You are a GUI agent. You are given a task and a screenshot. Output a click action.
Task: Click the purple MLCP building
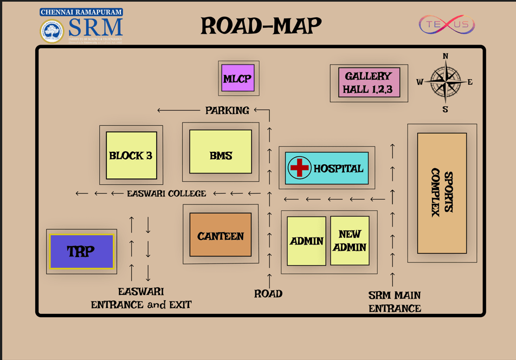coord(238,79)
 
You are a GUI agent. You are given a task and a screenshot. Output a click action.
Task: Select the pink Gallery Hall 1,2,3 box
coord(369,82)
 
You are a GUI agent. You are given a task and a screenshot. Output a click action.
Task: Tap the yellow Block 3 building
coord(131,156)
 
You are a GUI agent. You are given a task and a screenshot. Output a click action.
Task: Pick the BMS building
coord(221,156)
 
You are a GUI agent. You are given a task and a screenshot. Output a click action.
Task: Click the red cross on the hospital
coord(299,168)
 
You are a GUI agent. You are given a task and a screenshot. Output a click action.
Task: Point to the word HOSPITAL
coord(338,169)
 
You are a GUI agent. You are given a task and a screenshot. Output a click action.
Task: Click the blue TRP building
coord(81,252)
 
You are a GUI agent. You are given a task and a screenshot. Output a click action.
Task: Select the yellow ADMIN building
coord(306,241)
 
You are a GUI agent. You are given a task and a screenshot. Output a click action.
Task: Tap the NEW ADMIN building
coord(350,241)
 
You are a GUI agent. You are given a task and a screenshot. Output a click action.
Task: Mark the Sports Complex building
coord(442,194)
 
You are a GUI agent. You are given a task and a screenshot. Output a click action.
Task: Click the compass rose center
coord(445,82)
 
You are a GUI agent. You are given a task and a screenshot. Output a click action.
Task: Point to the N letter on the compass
coord(446,56)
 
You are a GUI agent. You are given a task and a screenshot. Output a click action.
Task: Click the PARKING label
coord(227,111)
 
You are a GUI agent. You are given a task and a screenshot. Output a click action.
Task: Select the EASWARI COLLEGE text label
coord(166,194)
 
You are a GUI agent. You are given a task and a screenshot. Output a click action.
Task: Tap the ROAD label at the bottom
coord(268,294)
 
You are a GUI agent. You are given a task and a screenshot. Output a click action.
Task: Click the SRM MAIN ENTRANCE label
coord(395,302)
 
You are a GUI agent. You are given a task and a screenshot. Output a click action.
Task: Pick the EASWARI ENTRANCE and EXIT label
coord(141,298)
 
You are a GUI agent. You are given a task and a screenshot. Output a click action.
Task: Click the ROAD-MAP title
coord(261,25)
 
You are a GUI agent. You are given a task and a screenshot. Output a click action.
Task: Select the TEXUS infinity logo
coord(447,24)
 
